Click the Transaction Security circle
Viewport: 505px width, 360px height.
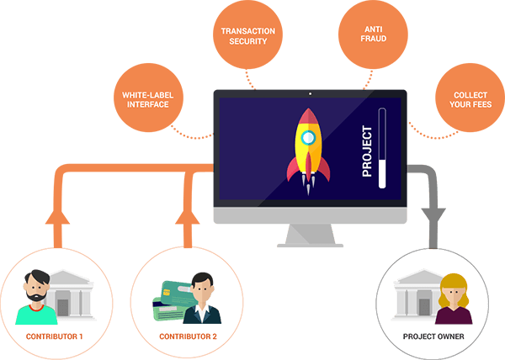click(247, 34)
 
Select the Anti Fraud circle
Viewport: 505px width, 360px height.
click(373, 34)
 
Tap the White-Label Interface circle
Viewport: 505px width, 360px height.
click(148, 98)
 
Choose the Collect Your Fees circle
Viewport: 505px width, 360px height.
click(470, 98)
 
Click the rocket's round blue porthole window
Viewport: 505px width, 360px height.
click(308, 138)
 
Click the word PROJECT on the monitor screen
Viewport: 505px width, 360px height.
click(367, 151)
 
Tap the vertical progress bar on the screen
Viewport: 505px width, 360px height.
click(382, 148)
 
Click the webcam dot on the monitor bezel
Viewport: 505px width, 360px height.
click(310, 94)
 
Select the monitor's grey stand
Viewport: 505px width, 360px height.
click(310, 236)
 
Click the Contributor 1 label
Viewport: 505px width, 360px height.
click(54, 336)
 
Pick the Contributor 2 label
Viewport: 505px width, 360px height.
click(188, 336)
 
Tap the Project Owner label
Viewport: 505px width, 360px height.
click(433, 336)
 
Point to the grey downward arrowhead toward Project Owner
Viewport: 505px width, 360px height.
click(433, 215)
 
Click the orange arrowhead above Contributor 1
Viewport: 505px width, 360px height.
click(57, 217)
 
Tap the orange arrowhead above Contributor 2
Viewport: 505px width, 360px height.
click(188, 217)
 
